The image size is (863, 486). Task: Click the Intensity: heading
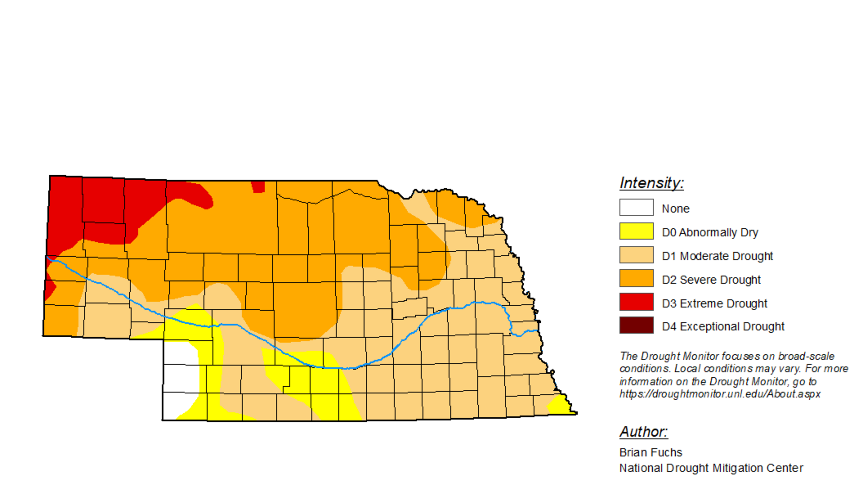pyautogui.click(x=651, y=183)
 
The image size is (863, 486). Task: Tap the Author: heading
pyautogui.click(x=643, y=432)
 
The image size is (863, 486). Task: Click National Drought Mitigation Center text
pyautogui.click(x=711, y=468)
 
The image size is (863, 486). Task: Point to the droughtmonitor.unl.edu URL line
pyautogui.click(x=720, y=394)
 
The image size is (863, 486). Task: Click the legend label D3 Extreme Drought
pyautogui.click(x=714, y=303)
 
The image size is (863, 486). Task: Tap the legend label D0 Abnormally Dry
pyautogui.click(x=709, y=232)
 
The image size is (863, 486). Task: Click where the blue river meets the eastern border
pyautogui.click(x=537, y=331)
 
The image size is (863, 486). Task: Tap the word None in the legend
pyautogui.click(x=675, y=209)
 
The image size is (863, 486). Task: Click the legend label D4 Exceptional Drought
pyautogui.click(x=723, y=326)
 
